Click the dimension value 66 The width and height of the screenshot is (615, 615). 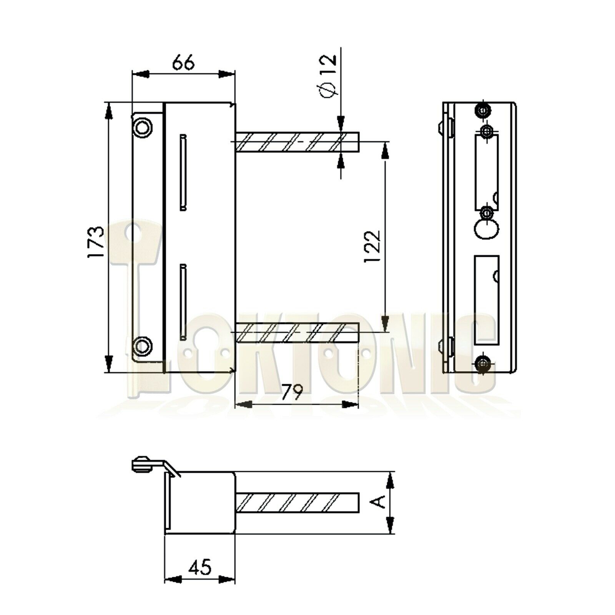coord(183,63)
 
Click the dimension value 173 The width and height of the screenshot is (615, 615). coord(96,242)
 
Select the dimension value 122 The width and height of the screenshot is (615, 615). coord(372,246)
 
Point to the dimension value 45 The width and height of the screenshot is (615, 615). coord(200,567)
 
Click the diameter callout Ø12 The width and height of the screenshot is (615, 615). coord(327,76)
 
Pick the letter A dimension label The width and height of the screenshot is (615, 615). coord(380,502)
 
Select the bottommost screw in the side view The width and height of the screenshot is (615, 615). coord(482,363)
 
